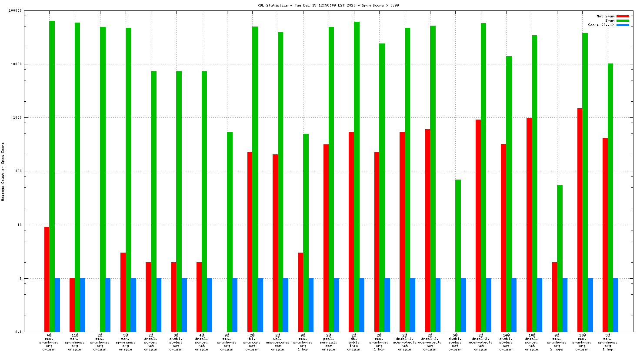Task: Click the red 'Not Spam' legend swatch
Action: tap(623, 16)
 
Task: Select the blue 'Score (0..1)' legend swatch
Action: tap(623, 25)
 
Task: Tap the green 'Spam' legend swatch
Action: tap(623, 20)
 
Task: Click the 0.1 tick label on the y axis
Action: tap(19, 332)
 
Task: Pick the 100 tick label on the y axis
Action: tap(18, 171)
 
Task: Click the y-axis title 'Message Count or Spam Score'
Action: tap(3, 171)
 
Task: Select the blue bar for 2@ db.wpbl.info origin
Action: tap(362, 305)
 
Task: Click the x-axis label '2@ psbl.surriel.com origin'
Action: tap(329, 342)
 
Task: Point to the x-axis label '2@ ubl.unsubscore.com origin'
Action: tap(278, 342)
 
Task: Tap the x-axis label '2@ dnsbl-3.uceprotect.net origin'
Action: tap(481, 342)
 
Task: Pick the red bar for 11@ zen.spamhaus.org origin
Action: tap(72, 305)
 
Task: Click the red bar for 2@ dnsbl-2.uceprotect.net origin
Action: tap(427, 230)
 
